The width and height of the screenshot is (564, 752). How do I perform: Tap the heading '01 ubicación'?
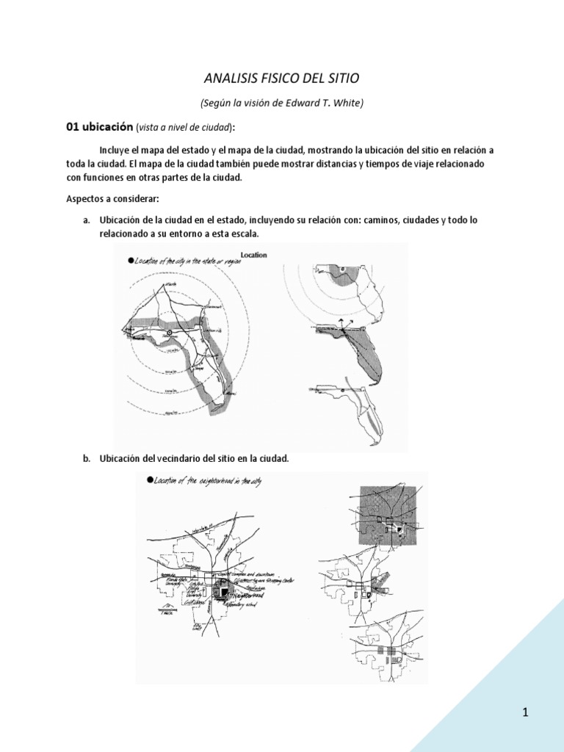pyautogui.click(x=99, y=126)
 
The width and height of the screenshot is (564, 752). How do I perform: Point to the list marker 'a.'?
pyautogui.click(x=86, y=220)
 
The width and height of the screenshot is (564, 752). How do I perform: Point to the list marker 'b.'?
pyautogui.click(x=86, y=458)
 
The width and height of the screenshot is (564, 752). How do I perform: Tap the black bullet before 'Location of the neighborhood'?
pyautogui.click(x=150, y=480)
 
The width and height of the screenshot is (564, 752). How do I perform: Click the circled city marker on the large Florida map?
pyautogui.click(x=168, y=333)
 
